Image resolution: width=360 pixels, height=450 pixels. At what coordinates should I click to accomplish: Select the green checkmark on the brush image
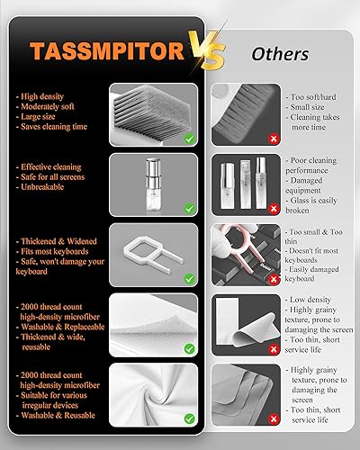[x=189, y=139]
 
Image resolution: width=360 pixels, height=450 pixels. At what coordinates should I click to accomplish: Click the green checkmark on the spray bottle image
[x=189, y=208]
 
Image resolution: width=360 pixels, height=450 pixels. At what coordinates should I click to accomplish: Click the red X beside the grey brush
[x=221, y=139]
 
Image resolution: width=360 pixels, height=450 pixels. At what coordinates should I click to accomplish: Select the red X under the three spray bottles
[x=221, y=209]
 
